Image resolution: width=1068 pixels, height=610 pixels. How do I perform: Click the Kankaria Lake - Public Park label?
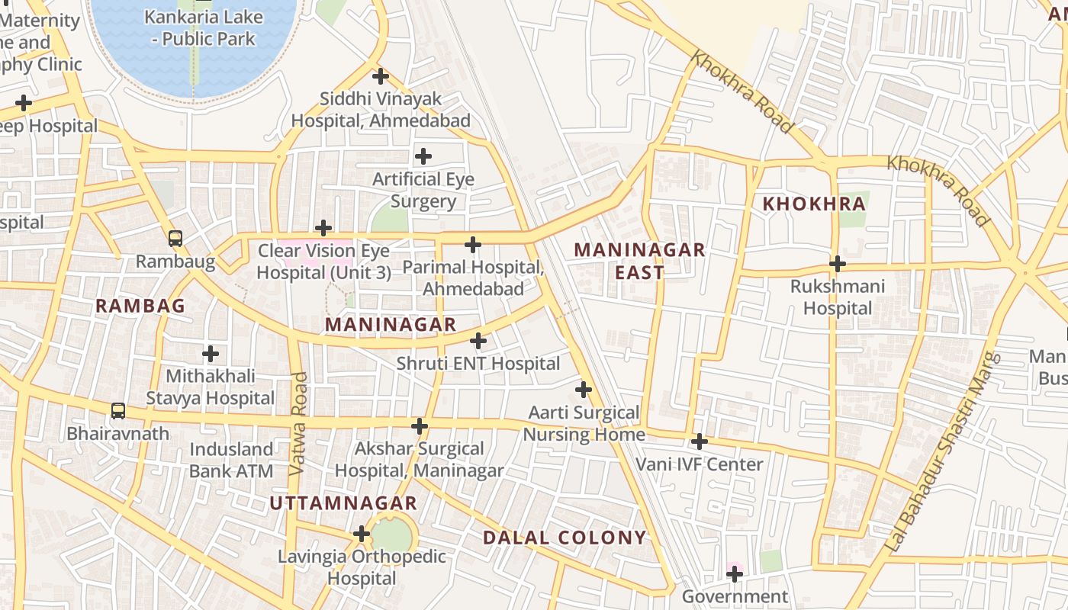coord(204,28)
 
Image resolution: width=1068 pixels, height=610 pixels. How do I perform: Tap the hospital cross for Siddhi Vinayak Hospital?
coord(381,76)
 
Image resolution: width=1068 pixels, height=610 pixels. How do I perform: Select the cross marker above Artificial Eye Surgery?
coord(423,156)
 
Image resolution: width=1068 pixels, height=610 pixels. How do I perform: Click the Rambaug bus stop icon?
coord(175,238)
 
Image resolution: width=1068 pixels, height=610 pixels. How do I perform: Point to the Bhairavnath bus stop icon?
coord(118,411)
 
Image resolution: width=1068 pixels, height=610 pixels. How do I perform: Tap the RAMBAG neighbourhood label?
coord(140,306)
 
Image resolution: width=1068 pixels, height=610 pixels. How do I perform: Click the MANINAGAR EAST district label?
coord(639,261)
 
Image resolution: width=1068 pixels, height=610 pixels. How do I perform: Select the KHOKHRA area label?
coord(814,204)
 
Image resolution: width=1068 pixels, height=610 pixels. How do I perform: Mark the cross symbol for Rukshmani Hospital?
coord(838,264)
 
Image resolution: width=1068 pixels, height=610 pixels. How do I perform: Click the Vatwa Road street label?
coord(298,424)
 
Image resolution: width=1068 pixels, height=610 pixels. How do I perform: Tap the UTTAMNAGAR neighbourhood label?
coord(343,503)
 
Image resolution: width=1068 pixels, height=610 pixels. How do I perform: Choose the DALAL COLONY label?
coord(565,538)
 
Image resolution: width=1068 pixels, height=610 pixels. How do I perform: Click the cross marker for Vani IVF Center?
coord(700,441)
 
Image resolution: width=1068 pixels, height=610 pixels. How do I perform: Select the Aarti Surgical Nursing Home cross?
coord(584,390)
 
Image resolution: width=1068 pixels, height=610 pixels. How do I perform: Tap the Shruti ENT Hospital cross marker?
coord(478,340)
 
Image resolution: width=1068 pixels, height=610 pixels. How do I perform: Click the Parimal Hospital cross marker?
coord(473,245)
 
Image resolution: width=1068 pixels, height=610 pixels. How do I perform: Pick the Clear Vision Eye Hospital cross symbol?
coord(323,228)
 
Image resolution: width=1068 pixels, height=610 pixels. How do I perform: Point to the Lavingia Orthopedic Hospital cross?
coord(362,534)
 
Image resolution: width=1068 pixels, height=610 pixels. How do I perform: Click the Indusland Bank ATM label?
coord(231,460)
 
